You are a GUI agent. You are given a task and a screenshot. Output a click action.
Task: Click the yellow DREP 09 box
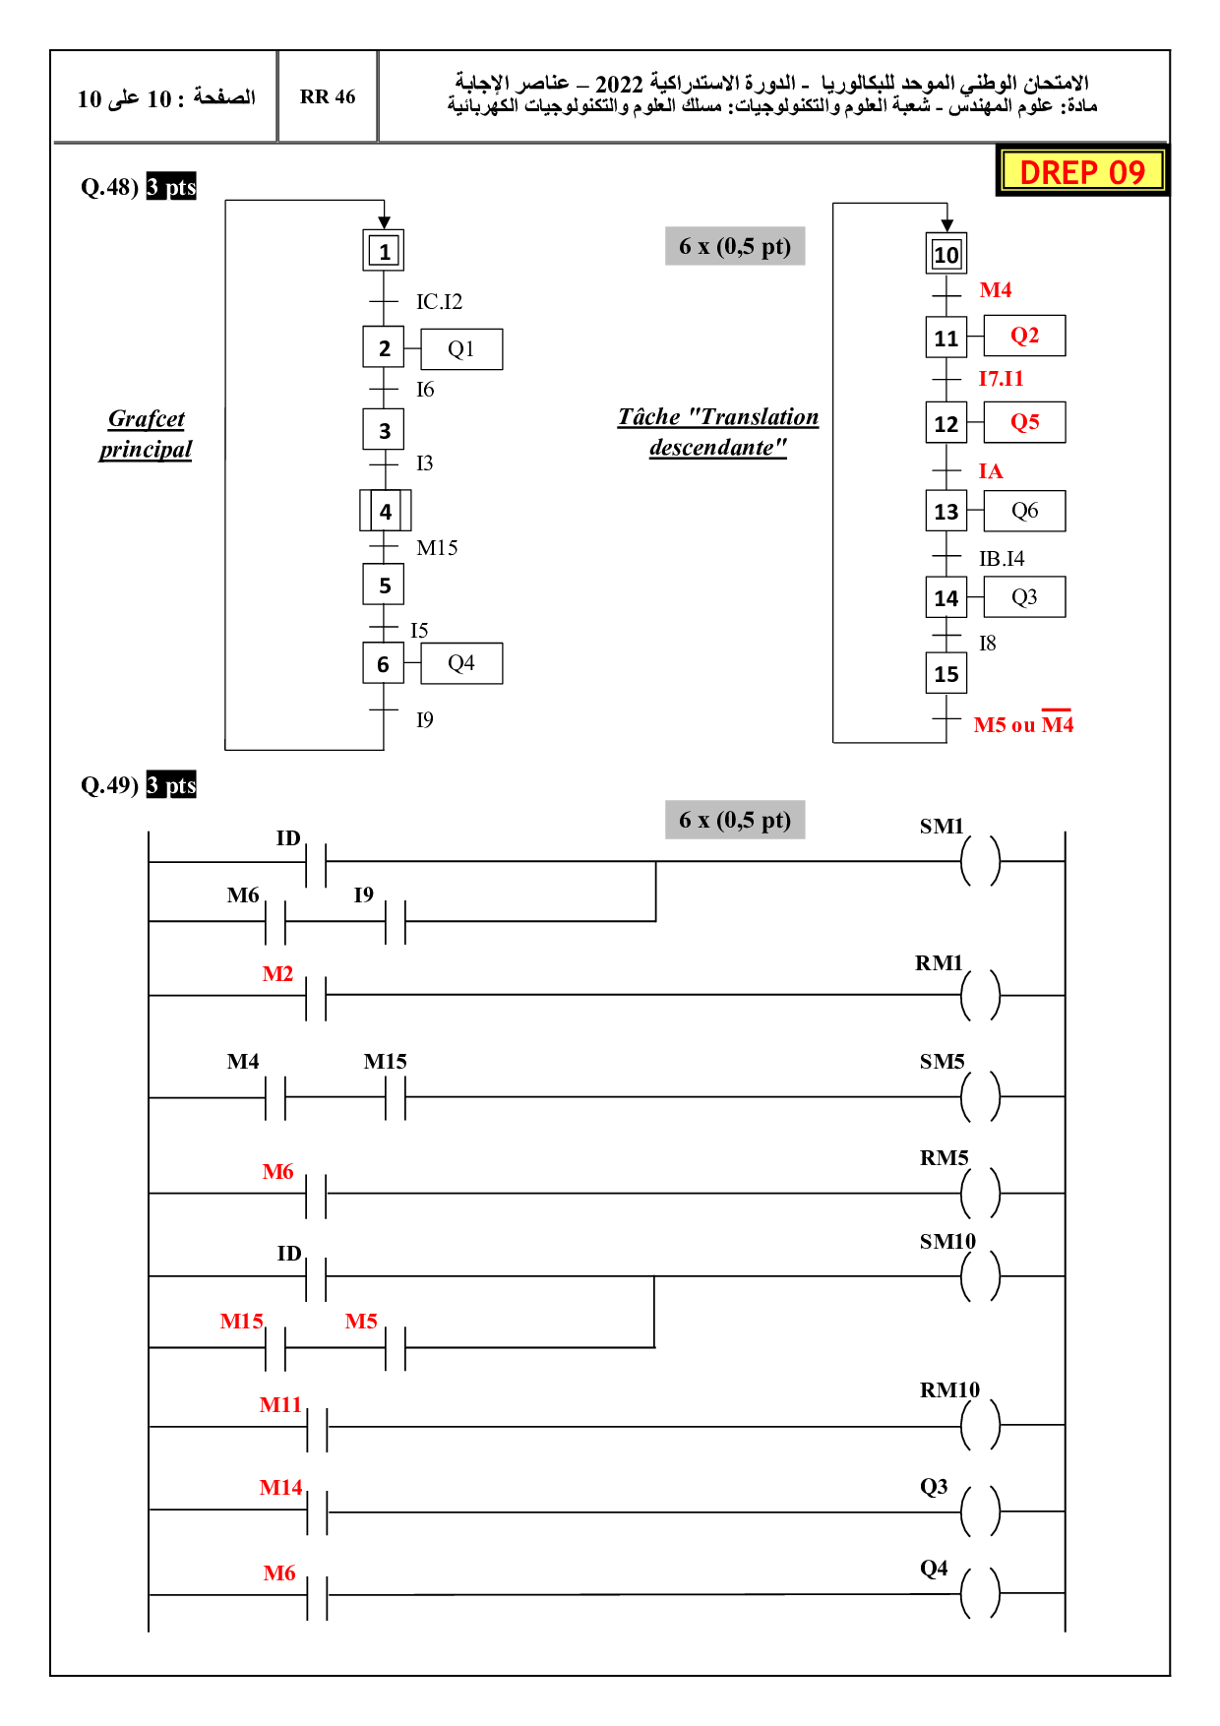(x=1082, y=171)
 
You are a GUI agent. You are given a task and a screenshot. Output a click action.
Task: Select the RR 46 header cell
(x=328, y=96)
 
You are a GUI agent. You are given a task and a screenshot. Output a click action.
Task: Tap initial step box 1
(x=384, y=251)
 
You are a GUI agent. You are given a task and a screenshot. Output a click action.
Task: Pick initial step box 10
(x=946, y=255)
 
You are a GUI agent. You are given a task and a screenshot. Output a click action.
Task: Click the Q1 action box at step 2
(x=461, y=349)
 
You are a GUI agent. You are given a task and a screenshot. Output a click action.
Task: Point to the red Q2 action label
(x=1024, y=336)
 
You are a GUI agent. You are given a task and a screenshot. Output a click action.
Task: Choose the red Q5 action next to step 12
(x=1024, y=422)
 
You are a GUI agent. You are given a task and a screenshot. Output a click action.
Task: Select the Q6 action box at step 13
(x=1024, y=511)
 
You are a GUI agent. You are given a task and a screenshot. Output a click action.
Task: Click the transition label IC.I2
(x=439, y=302)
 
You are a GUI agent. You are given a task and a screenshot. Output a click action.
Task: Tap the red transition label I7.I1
(x=1001, y=379)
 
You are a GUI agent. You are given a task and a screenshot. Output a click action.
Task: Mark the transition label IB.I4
(x=1002, y=559)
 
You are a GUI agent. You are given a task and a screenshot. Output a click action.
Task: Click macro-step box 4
(x=385, y=511)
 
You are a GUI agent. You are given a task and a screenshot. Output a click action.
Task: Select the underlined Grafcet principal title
(x=146, y=434)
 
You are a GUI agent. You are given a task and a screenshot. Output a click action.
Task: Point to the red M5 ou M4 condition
(x=1023, y=725)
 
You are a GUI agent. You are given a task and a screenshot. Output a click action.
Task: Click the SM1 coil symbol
(x=980, y=861)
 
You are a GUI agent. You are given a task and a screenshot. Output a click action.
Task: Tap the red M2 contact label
(x=277, y=974)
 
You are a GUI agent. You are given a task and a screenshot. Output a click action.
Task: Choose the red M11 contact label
(x=280, y=1405)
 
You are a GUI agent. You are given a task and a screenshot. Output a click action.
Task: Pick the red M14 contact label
(x=280, y=1488)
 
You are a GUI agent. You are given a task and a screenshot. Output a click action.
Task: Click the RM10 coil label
(x=949, y=1389)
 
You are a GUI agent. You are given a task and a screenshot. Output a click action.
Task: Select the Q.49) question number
(x=109, y=785)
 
